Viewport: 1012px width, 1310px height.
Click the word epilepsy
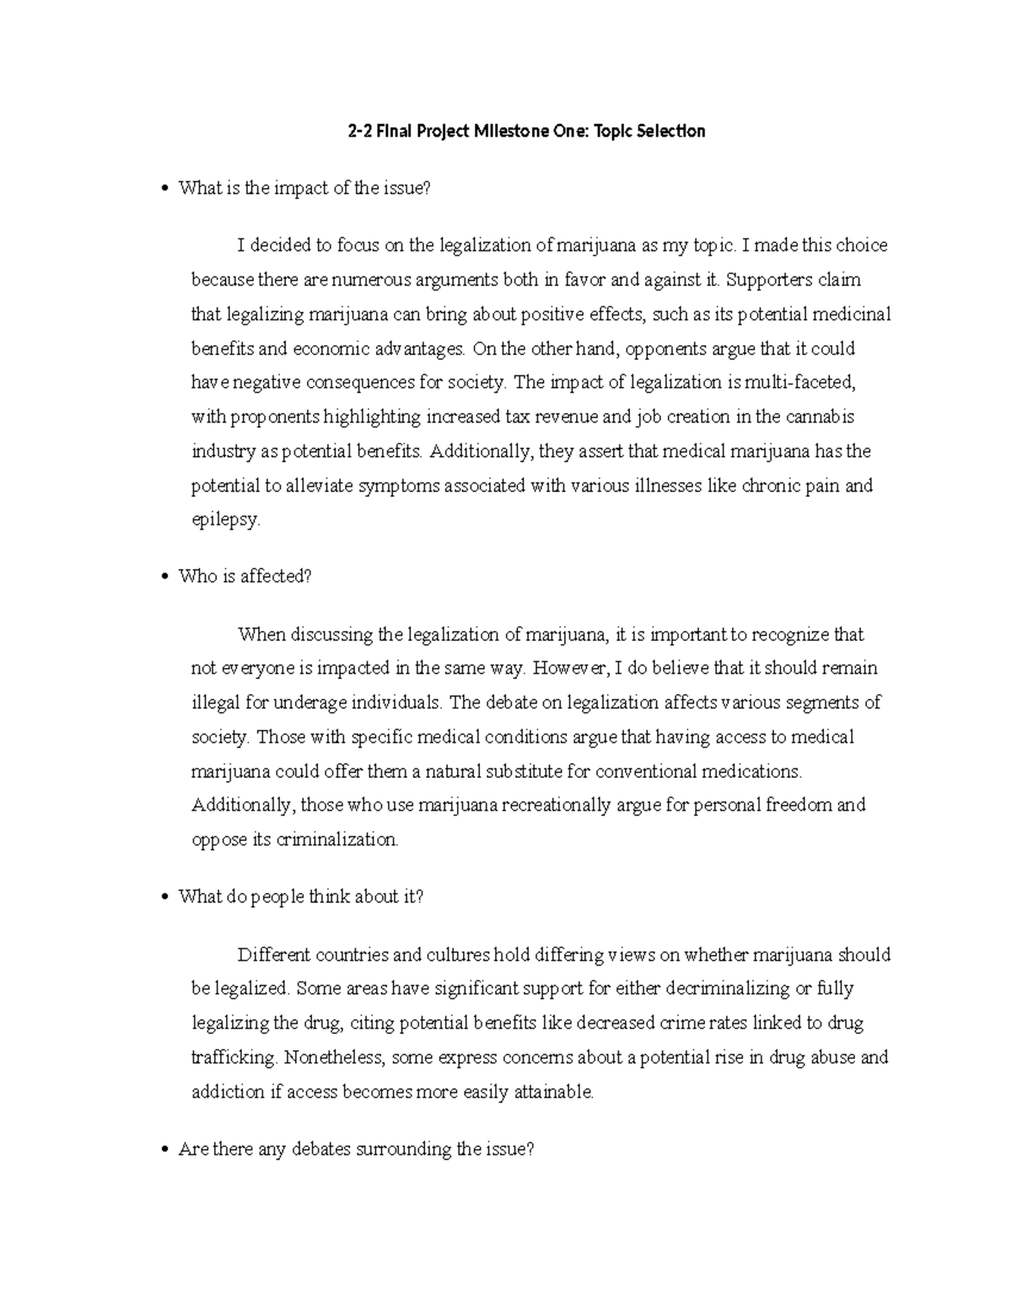[x=225, y=520]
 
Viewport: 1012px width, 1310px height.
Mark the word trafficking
[x=234, y=1058]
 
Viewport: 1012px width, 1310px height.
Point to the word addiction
[x=228, y=1092]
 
